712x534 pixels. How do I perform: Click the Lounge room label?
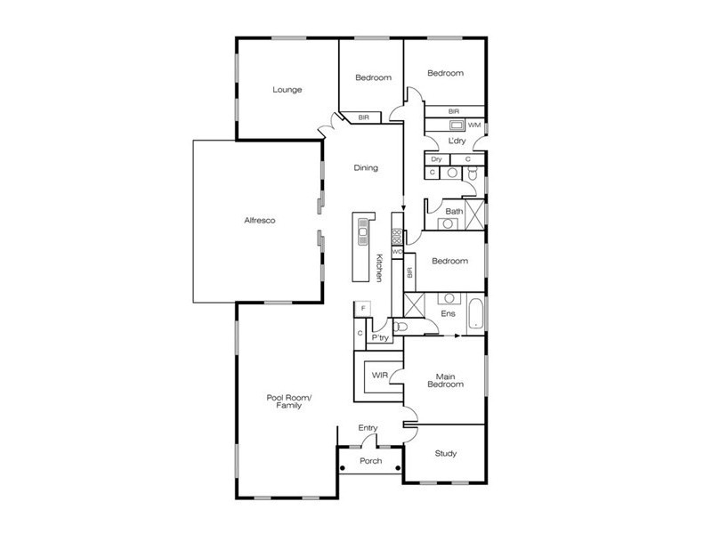click(287, 89)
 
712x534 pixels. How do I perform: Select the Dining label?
click(366, 167)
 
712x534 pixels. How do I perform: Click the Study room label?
click(446, 454)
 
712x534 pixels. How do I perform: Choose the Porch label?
click(370, 461)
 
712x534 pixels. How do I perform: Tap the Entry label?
click(368, 428)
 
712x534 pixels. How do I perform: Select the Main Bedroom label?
click(446, 380)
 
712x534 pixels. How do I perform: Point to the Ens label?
click(449, 314)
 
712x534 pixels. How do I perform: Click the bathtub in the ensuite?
click(475, 313)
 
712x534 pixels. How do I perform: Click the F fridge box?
click(361, 308)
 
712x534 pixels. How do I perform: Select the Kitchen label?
click(379, 268)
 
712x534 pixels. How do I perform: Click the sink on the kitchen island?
click(363, 235)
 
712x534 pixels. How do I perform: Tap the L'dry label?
click(457, 141)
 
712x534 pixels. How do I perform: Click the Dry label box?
click(436, 158)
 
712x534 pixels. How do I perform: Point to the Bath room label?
click(454, 211)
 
